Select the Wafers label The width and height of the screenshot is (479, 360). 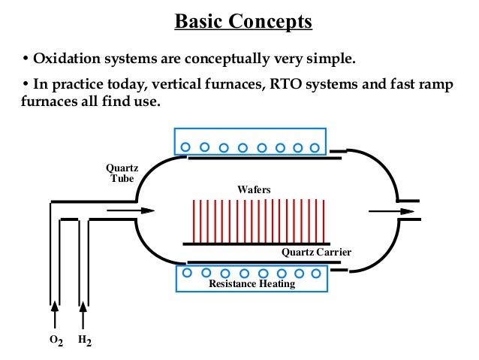253,189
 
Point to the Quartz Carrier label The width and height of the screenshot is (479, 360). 316,252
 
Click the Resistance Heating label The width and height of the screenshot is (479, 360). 252,284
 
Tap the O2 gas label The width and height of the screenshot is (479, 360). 55,341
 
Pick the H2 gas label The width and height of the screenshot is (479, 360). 84,341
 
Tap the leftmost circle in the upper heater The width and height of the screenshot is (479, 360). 184,147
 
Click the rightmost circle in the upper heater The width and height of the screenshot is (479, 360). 315,147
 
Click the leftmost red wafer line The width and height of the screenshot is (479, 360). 194,221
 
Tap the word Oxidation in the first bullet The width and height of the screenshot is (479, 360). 65,59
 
